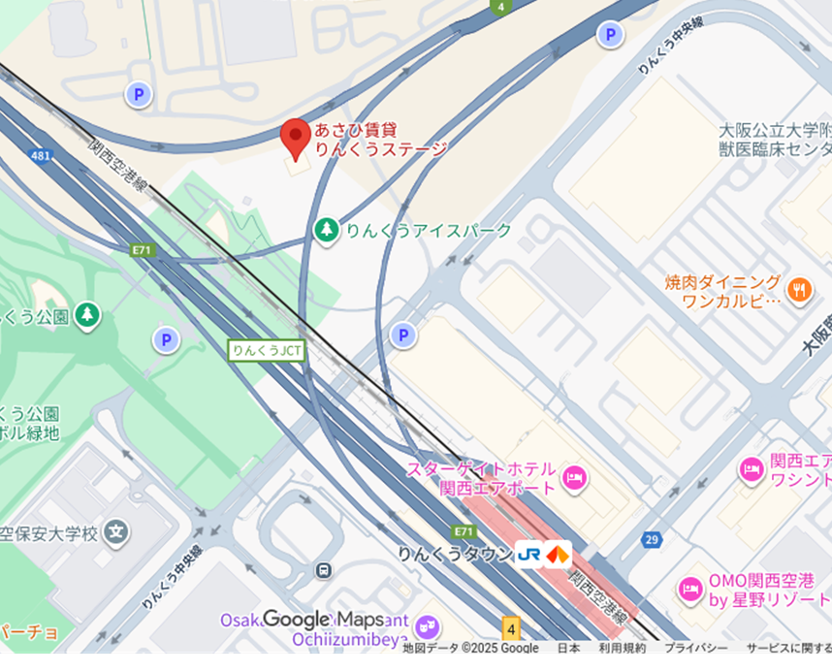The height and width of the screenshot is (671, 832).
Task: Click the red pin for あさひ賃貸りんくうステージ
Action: tap(296, 139)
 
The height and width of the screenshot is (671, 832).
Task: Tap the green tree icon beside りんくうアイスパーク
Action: tap(327, 230)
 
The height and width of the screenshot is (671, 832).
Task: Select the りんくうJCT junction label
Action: tap(267, 350)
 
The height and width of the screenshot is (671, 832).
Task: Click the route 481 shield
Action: tap(41, 155)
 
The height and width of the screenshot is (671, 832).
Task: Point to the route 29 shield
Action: tap(651, 539)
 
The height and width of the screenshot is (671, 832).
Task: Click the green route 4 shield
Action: tap(499, 7)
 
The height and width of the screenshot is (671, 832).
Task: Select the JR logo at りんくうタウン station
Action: tap(528, 555)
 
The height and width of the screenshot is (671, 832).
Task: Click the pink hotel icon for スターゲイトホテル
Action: tap(574, 477)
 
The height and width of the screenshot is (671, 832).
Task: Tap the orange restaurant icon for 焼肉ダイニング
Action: tap(799, 288)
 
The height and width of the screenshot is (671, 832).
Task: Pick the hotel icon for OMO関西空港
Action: tap(689, 588)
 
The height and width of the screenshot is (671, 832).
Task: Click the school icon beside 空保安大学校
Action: tap(116, 531)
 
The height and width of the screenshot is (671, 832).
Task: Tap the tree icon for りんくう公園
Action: tap(88, 314)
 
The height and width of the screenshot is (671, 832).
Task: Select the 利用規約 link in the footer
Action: tap(622, 648)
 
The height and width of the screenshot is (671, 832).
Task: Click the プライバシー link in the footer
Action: tap(695, 648)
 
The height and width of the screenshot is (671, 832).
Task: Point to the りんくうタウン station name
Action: tap(454, 554)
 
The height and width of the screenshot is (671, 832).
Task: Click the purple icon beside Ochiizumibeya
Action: tap(428, 627)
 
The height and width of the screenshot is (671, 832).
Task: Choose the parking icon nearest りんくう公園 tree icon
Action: tap(166, 339)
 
